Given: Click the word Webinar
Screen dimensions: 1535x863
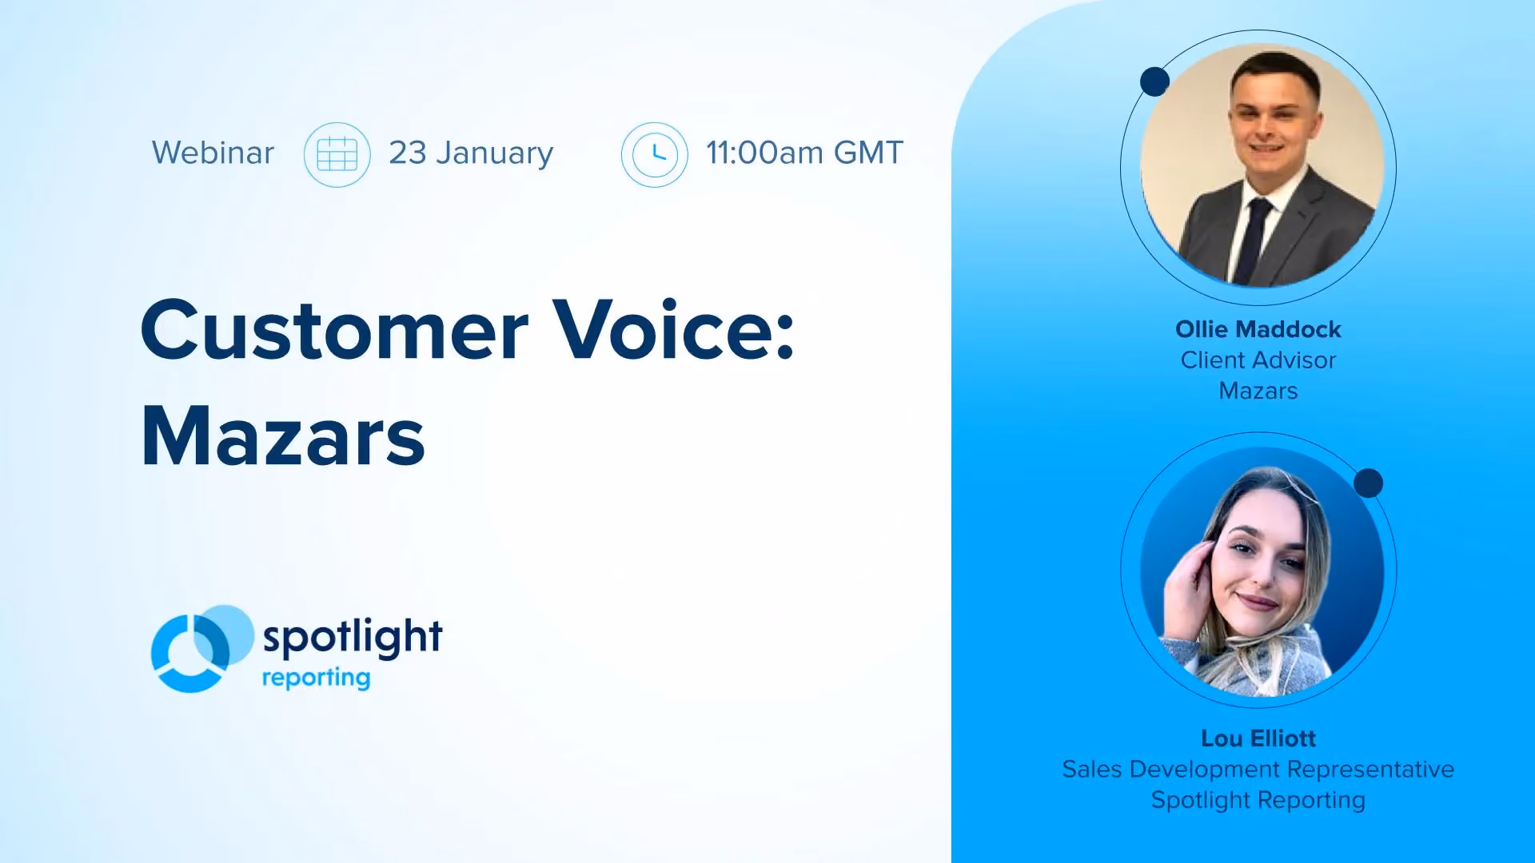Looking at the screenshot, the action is coord(213,153).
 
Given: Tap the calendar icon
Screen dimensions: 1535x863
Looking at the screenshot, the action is coord(337,154).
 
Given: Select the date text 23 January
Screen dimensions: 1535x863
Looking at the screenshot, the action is coord(471,153).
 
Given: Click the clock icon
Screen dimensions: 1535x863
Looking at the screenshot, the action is coord(655,154).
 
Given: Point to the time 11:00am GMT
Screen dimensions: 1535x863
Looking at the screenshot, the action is coord(804,153).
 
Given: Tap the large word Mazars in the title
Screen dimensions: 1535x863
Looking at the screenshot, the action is coord(283,436).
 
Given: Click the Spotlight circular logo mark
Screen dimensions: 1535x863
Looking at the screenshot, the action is coord(202,648).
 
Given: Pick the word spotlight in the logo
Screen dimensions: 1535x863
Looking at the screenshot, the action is coord(353,637).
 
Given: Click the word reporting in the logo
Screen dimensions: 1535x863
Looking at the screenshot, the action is coord(316,678).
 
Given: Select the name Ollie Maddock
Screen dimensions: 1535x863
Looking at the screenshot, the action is coord(1258,329).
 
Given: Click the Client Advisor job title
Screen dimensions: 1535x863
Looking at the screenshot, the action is coord(1258,360).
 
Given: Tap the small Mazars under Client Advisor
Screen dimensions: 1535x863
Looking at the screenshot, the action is coord(1258,391).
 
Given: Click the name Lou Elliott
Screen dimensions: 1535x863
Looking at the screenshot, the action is coord(1258,738).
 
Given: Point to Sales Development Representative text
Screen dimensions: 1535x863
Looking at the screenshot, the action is coord(1258,770).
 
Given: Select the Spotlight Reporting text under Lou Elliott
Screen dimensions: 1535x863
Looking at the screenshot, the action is coord(1258,800).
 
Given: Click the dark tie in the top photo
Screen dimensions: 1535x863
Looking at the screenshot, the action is coord(1253,240).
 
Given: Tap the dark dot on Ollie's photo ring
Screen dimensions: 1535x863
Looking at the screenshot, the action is coord(1154,82).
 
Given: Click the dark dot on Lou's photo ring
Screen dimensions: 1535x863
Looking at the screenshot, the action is coord(1369,483).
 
